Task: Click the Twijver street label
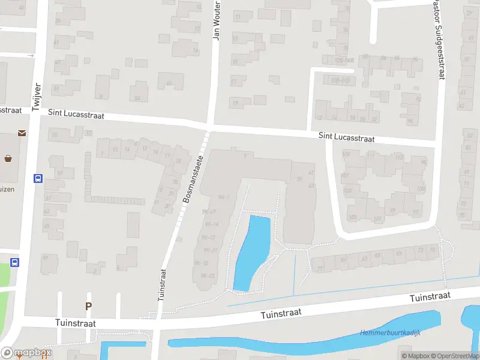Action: pyautogui.click(x=37, y=94)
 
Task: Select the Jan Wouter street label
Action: pyautogui.click(x=217, y=20)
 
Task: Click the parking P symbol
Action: pyautogui.click(x=89, y=306)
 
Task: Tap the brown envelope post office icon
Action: pyautogui.click(x=22, y=133)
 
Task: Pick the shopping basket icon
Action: pyautogui.click(x=9, y=159)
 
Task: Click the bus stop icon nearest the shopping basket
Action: pyautogui.click(x=38, y=178)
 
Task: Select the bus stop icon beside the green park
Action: pyautogui.click(x=14, y=262)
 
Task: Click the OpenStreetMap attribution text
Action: pyautogui.click(x=452, y=356)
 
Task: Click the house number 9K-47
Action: pyautogui.click(x=209, y=212)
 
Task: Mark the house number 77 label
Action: pyautogui.click(x=320, y=268)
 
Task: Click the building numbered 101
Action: pyautogui.click(x=377, y=219)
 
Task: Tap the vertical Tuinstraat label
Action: pyautogui.click(x=161, y=284)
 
